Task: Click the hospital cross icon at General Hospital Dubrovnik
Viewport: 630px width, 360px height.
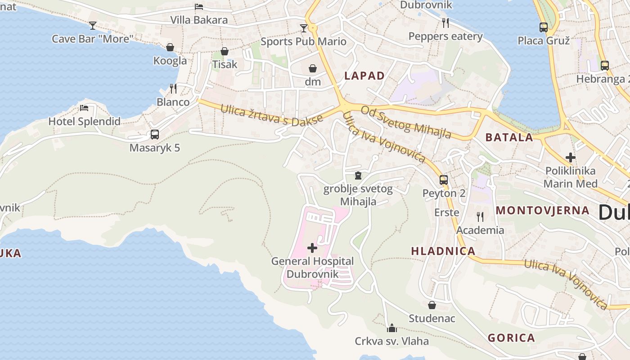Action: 312,248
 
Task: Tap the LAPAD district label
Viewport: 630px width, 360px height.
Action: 364,76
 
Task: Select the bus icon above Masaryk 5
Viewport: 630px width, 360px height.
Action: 154,134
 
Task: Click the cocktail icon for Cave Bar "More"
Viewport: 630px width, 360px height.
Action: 93,26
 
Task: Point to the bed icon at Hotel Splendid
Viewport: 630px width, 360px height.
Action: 84,108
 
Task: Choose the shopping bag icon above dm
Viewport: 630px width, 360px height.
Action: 313,68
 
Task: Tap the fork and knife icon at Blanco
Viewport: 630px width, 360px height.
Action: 173,88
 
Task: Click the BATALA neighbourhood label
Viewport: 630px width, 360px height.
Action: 509,138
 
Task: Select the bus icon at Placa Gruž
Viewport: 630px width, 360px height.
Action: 544,27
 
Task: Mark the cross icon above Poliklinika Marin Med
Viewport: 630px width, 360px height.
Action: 571,157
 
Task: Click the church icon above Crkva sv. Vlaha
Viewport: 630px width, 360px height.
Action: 391,328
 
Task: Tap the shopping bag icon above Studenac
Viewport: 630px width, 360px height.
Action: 432,305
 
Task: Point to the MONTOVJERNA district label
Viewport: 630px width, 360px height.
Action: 543,210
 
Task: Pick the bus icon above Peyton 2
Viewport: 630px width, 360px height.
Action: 444,180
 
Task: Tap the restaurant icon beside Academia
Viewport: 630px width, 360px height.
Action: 480,217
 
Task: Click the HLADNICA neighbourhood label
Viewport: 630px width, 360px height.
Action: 443,251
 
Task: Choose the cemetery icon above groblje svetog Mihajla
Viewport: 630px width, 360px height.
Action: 358,175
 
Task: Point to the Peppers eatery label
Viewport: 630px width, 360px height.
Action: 445,36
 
